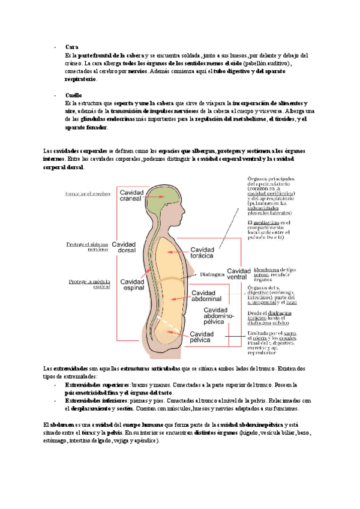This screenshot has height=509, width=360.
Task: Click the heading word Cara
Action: [x=70, y=47]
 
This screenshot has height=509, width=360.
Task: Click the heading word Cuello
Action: [x=73, y=95]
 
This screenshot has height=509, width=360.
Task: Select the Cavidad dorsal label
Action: [x=124, y=248]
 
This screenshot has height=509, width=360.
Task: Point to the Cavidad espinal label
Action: [x=131, y=285]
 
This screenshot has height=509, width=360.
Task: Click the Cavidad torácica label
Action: [x=206, y=253]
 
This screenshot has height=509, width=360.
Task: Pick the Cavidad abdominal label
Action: [x=208, y=297]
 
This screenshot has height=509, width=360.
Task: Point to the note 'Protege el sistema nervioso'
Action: [x=88, y=247]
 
